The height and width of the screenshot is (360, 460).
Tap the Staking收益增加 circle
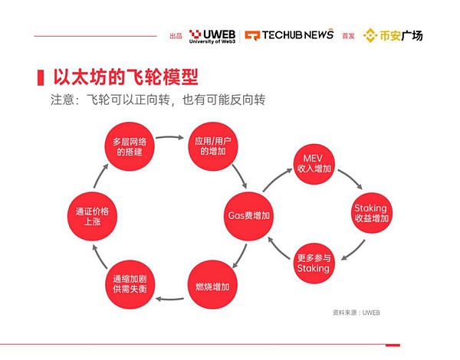point(371,213)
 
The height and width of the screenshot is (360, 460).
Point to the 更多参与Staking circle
point(313,262)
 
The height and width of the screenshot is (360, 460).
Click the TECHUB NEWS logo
point(289,35)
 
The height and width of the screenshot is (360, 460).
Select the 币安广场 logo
point(393,35)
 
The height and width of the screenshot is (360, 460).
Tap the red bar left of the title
point(40,77)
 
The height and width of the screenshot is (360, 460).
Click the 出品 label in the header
point(176,36)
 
